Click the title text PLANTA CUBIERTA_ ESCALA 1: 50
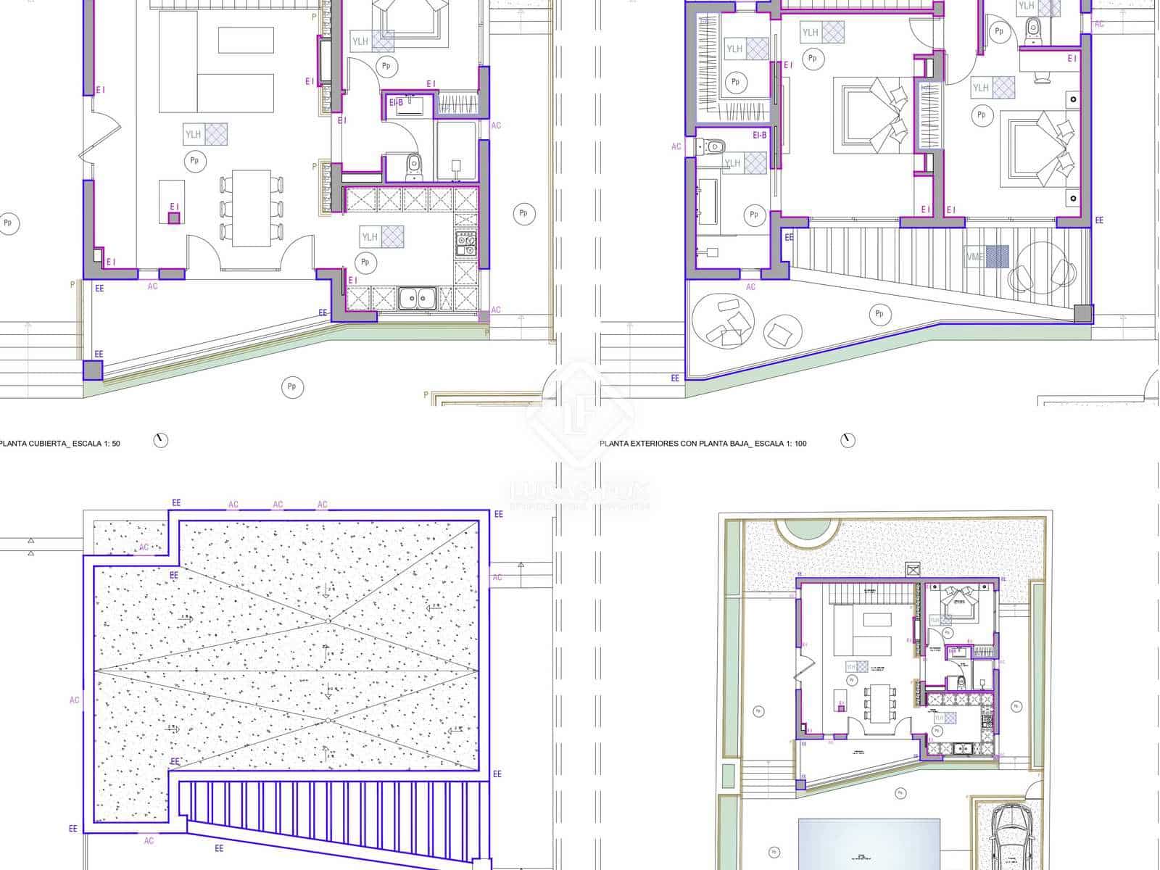(60, 443)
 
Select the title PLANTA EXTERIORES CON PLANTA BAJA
(703, 443)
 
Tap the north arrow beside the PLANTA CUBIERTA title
(161, 440)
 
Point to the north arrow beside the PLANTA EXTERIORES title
(848, 440)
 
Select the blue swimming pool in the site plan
(869, 845)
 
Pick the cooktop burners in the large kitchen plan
(465, 244)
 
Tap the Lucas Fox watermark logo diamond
(579, 413)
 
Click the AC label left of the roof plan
(75, 700)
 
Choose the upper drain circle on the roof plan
(328, 621)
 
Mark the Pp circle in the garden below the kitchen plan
(291, 387)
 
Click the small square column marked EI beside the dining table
(174, 217)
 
